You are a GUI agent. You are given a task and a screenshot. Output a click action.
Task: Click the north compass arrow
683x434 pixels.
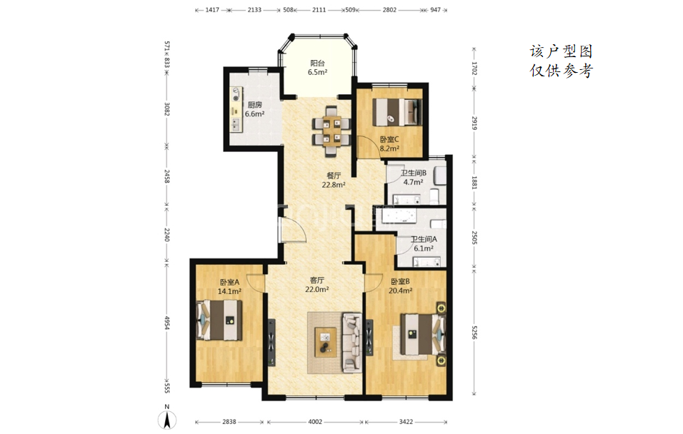(167, 420)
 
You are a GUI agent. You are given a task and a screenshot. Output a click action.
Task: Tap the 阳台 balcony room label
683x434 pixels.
(317, 63)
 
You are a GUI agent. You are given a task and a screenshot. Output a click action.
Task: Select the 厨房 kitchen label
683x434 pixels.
(255, 105)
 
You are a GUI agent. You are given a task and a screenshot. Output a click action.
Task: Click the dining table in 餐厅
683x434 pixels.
(331, 131)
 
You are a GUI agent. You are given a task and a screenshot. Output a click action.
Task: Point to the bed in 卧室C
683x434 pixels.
(397, 112)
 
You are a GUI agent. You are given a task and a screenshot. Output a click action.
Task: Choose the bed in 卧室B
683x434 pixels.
(422, 334)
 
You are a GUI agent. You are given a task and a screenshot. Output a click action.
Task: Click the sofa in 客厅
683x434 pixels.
(352, 342)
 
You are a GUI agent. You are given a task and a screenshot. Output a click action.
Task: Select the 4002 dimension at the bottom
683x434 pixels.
(315, 422)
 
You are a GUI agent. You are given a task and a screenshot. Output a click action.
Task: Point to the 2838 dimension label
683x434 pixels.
(229, 422)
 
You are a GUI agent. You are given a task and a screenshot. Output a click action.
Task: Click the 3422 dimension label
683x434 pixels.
(406, 422)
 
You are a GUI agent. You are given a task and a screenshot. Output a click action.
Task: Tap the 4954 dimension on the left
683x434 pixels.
(166, 323)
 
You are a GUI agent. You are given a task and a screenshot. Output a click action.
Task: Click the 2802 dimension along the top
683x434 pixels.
(389, 9)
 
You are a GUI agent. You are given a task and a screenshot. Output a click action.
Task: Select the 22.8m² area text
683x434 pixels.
(334, 185)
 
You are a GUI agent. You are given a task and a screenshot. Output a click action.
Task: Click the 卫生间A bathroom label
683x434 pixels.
(424, 239)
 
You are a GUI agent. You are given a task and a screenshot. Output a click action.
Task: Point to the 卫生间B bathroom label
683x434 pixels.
(414, 173)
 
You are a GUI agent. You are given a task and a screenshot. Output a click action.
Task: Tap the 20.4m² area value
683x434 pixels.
(400, 291)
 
